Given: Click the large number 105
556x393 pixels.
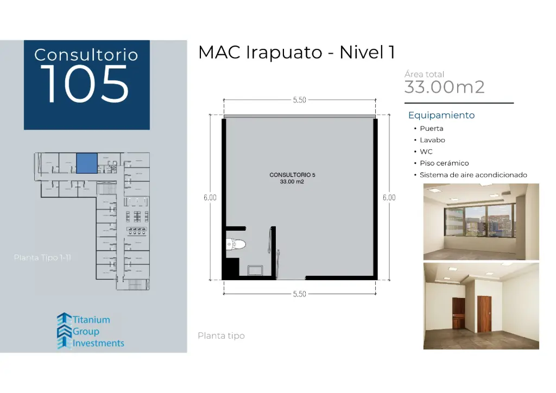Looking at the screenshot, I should (x=86, y=84).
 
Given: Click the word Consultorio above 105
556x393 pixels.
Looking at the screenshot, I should (x=86, y=55).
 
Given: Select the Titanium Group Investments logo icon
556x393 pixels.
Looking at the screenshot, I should (x=64, y=331).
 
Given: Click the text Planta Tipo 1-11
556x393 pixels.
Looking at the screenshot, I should (x=42, y=257).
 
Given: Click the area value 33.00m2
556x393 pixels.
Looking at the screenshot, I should (x=444, y=87).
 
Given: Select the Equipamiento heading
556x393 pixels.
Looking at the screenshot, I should (x=441, y=115).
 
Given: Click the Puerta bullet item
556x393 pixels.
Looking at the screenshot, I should (x=431, y=129).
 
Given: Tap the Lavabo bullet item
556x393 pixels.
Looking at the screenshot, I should (x=432, y=140).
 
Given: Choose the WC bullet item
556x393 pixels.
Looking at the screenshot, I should (x=426, y=152).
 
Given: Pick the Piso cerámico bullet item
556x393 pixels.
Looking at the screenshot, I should (x=444, y=163).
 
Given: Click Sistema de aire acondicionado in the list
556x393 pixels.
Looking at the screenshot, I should (x=473, y=175).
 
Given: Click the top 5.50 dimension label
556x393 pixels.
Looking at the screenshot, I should (x=299, y=100).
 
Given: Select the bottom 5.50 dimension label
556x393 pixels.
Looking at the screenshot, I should (x=299, y=294).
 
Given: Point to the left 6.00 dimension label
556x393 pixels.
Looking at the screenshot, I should (x=210, y=198).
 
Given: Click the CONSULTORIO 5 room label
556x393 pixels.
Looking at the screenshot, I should (x=292, y=175).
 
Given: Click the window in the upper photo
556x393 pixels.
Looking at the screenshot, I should (x=480, y=222).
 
